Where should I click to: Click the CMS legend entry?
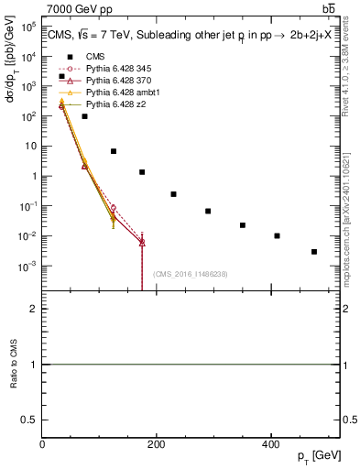[x=83, y=56]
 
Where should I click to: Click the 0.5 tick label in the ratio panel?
[x=31, y=419]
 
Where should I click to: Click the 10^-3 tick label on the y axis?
[x=27, y=266]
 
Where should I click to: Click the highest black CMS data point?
[x=61, y=76]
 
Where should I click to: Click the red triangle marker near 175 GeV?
[x=142, y=243]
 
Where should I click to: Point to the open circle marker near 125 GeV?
[x=113, y=208]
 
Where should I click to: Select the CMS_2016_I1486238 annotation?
[x=191, y=274]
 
